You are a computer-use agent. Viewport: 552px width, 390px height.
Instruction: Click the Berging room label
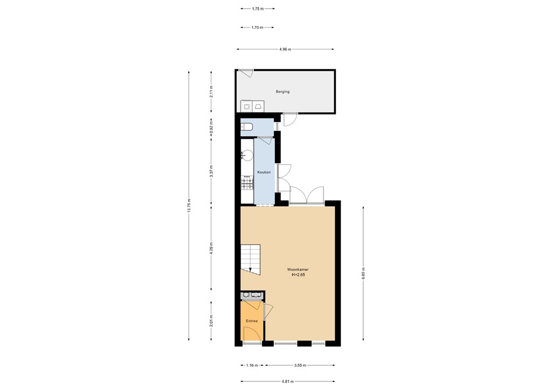(x=282, y=92)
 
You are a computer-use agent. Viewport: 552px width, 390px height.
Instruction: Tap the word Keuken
(x=263, y=171)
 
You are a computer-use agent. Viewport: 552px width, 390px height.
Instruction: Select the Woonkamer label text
(x=298, y=269)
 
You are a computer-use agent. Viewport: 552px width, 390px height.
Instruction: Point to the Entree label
(x=252, y=321)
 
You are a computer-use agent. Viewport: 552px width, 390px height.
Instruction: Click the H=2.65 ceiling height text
(x=298, y=275)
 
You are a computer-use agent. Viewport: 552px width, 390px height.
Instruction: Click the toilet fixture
(x=246, y=127)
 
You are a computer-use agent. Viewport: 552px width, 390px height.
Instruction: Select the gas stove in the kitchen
(x=247, y=184)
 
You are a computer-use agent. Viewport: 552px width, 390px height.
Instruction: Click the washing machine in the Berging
(x=247, y=106)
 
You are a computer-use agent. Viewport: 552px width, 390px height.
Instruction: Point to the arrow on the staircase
(x=250, y=269)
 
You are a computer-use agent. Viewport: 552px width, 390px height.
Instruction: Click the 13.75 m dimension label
(x=189, y=206)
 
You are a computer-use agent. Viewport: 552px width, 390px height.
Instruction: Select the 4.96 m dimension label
(x=285, y=50)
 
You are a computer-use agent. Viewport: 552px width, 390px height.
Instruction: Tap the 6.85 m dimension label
(x=363, y=274)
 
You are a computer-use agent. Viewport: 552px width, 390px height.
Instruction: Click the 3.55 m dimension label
(x=300, y=366)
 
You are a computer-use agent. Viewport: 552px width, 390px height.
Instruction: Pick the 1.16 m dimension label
(x=252, y=366)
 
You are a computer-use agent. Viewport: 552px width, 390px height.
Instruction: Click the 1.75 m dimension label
(x=258, y=9)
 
